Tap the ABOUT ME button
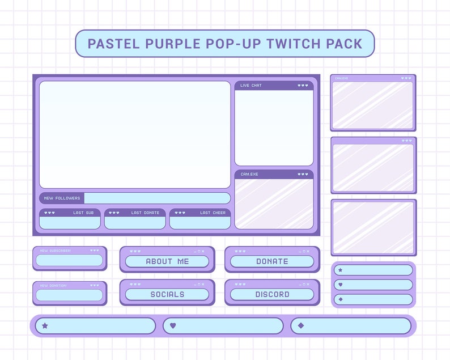point(167,261)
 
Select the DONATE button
point(272,261)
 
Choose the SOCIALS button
point(167,294)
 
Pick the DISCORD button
point(272,294)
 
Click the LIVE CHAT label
point(251,86)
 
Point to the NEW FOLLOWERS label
point(62,198)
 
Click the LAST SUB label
point(83,213)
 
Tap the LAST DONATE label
point(145,213)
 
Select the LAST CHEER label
point(213,213)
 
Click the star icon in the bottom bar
point(45,326)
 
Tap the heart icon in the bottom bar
point(173,326)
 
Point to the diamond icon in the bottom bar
point(301,326)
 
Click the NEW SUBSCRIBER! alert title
point(52,250)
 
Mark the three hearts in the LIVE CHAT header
point(303,86)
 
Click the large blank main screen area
point(135,134)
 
